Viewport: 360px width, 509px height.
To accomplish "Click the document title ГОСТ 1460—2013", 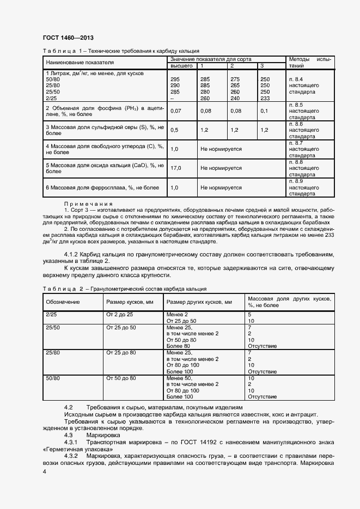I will pyautogui.click(x=68, y=38).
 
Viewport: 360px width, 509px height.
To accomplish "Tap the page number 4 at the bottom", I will pyautogui.click(x=44, y=471).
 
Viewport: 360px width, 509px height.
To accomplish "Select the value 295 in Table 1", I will pyautogui.click(x=175, y=79).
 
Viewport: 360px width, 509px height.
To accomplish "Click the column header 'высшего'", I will pyautogui.click(x=182, y=66).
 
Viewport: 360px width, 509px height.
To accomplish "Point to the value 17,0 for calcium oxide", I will pyautogui.click(x=176, y=168).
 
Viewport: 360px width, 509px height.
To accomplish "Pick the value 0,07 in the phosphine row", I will pyautogui.click(x=176, y=111).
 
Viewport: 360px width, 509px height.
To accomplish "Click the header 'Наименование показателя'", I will pyautogui.click(x=76, y=62).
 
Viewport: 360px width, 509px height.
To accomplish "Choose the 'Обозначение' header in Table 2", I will pyautogui.click(x=63, y=302).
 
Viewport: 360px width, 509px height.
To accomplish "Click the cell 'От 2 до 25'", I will pyautogui.click(x=120, y=315).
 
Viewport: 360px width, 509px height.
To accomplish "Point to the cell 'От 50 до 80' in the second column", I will pyautogui.click(x=121, y=378).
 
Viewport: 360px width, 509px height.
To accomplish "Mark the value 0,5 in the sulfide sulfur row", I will pyautogui.click(x=175, y=130).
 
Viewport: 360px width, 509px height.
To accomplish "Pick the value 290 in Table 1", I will pyautogui.click(x=175, y=85).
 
